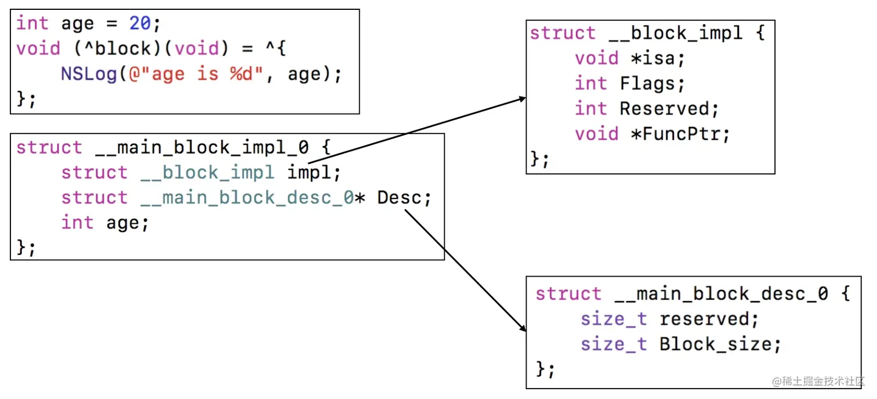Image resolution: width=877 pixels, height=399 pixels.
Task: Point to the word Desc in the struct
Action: tap(400, 198)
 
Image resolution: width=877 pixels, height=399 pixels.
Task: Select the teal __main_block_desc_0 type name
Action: tap(247, 198)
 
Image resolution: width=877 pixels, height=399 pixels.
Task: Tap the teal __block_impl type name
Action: tap(207, 172)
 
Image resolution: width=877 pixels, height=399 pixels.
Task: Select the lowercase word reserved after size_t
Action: tap(704, 319)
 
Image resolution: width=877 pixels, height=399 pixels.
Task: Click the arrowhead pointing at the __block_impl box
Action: tap(522, 99)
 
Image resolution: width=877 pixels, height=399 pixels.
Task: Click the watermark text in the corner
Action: tap(818, 382)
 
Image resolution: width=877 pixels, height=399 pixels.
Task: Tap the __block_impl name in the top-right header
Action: tap(675, 33)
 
